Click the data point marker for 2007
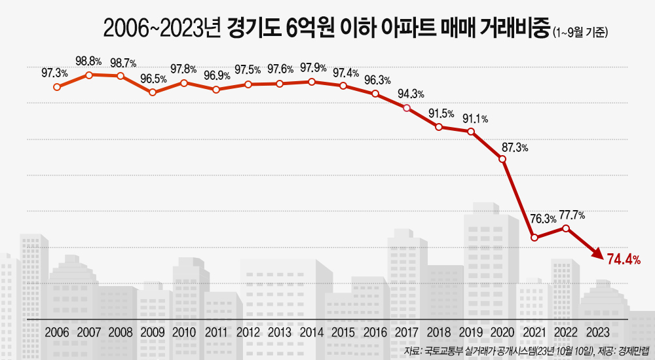(x=88, y=75)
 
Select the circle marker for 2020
(x=502, y=159)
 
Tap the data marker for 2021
(x=534, y=238)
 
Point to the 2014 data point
(x=312, y=82)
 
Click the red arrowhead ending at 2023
(x=597, y=253)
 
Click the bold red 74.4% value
(x=624, y=260)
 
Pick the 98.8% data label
(x=88, y=61)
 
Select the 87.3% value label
(x=515, y=147)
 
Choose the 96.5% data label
(x=153, y=79)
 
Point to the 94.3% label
(x=411, y=94)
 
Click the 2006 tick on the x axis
(x=57, y=333)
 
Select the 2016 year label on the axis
(x=375, y=333)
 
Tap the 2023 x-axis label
(x=598, y=333)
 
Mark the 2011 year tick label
(x=216, y=333)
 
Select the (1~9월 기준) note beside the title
(x=580, y=33)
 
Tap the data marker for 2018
(x=439, y=127)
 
